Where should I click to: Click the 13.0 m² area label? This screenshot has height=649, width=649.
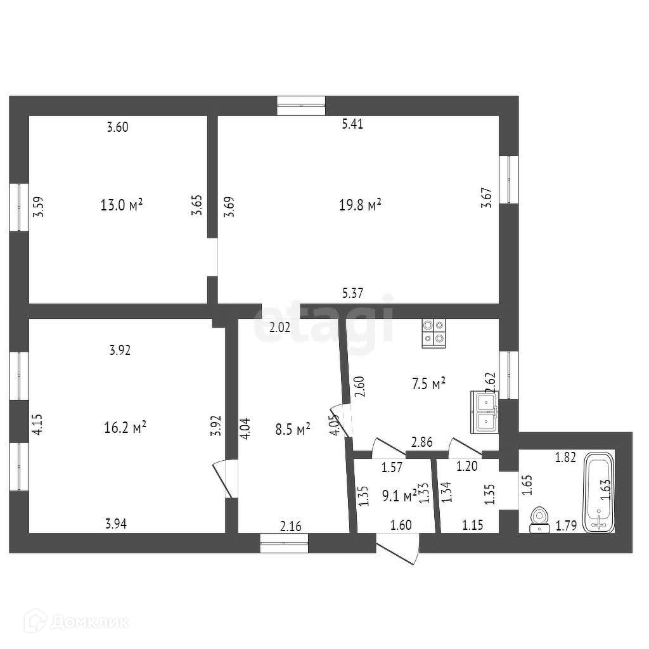(x=121, y=205)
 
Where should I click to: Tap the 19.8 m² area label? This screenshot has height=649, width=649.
(x=360, y=205)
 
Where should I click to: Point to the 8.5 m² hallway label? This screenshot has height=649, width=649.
(x=293, y=430)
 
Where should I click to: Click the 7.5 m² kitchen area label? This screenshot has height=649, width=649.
(x=429, y=383)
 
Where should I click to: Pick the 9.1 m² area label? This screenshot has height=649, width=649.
(x=399, y=496)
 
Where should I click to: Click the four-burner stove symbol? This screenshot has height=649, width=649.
(x=434, y=333)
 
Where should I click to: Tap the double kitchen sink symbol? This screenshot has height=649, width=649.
(x=485, y=412)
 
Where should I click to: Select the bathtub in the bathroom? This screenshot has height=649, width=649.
(x=599, y=491)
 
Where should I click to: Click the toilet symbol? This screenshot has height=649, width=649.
(x=540, y=518)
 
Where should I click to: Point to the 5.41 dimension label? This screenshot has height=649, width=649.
(x=352, y=125)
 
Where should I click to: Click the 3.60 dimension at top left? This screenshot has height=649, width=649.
(x=118, y=127)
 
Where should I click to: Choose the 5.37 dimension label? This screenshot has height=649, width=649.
(x=352, y=293)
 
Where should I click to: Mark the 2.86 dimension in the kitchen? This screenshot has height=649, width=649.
(x=422, y=442)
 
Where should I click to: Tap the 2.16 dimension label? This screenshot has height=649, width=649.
(x=292, y=525)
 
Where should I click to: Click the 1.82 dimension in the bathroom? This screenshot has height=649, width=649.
(x=566, y=458)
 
